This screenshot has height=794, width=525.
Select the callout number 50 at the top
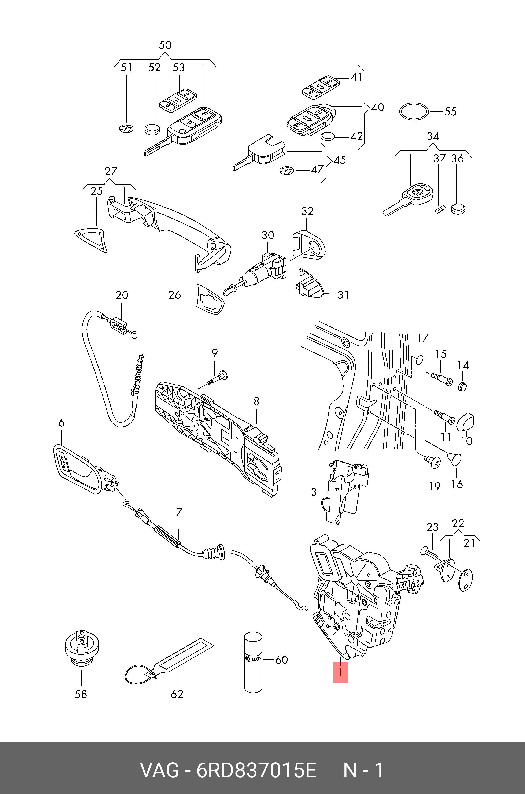pyautogui.click(x=165, y=45)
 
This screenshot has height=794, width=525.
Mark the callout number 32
pyautogui.click(x=307, y=211)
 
